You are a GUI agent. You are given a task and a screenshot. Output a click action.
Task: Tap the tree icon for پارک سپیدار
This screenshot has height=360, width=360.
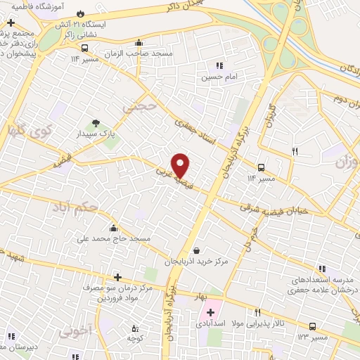tap(96, 124)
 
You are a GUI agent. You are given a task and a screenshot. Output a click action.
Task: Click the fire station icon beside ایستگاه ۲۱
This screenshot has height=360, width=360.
tap(80, 14)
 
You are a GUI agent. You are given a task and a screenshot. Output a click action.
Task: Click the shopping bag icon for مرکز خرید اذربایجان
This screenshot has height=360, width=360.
tap(196, 250)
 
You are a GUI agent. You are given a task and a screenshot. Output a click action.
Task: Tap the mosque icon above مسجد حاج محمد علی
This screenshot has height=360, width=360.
tap(113, 229)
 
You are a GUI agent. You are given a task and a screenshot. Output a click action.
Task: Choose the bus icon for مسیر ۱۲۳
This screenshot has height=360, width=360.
tap(311, 326)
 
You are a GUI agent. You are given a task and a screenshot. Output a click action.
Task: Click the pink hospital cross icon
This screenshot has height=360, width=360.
tap(210, 311)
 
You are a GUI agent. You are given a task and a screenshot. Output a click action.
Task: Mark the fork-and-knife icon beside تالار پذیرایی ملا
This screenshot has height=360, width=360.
tap(258, 312)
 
